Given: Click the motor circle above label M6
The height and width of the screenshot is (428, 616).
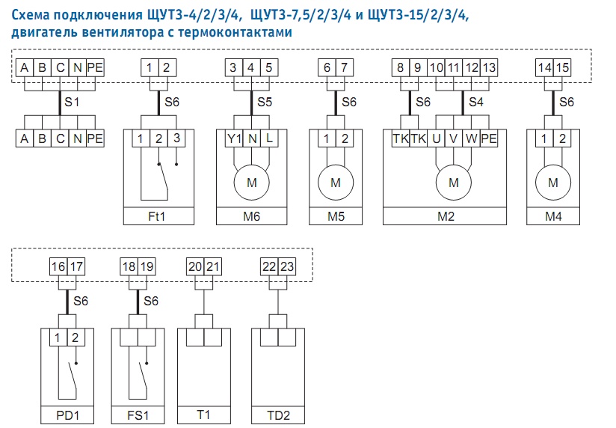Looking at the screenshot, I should point(251,182).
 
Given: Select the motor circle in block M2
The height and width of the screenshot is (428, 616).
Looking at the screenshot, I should point(453,182).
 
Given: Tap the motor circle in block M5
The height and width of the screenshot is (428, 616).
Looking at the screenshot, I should point(335,182).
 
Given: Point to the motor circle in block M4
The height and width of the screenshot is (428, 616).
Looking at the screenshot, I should point(553,182).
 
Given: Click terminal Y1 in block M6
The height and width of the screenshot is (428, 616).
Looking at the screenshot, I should point(235,138).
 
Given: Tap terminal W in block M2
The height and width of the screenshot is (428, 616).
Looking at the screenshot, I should point(471,138).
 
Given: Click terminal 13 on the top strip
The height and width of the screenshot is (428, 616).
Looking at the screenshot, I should point(489,68).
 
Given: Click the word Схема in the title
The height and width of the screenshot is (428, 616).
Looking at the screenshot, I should point(34,15).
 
